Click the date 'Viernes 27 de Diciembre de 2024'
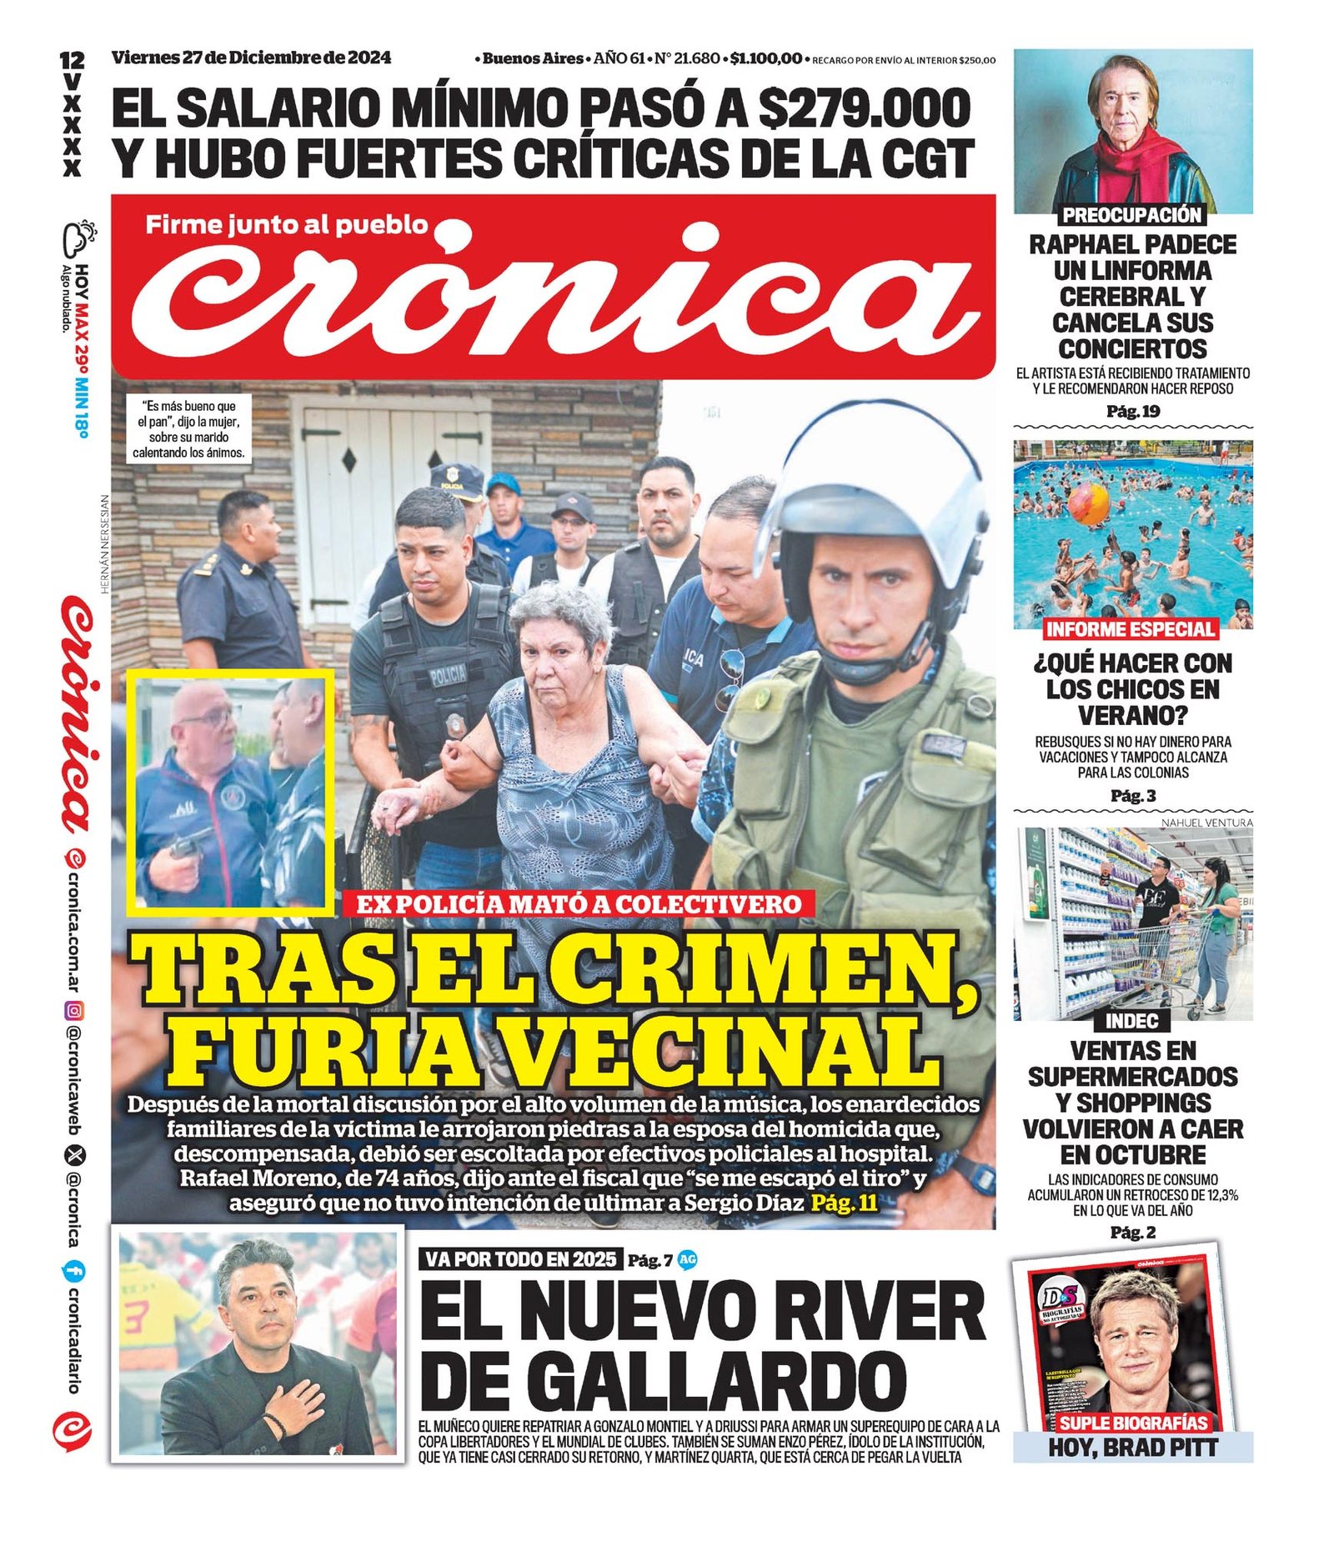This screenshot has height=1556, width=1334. coord(251,58)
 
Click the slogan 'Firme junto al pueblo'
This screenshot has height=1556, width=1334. coord(286,224)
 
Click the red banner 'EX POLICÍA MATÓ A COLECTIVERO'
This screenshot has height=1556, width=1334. coord(578,904)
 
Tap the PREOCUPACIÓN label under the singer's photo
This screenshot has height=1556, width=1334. coord(1131,215)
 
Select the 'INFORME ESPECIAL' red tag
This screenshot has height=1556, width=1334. coord(1131,629)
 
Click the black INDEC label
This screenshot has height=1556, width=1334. coord(1131,1020)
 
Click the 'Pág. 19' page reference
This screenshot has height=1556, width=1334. coord(1132,411)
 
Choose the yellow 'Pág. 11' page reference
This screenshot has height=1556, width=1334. coord(845,1203)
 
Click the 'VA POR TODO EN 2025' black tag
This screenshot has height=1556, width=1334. coord(521,1258)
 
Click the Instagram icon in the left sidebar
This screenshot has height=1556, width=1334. coord(75,1012)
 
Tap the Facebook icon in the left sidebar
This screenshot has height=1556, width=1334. coord(74,1271)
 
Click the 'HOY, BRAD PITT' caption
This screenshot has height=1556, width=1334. coord(1132,1448)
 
